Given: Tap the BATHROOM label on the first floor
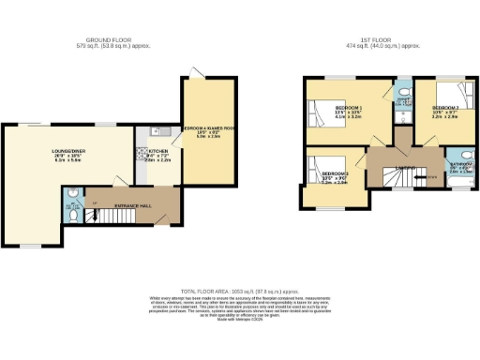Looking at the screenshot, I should (459, 165).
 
